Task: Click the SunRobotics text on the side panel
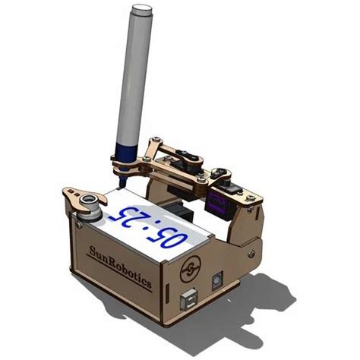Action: point(121,267)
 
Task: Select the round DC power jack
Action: point(216,280)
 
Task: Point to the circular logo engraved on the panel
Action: point(191,269)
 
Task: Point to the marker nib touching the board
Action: point(122,182)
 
